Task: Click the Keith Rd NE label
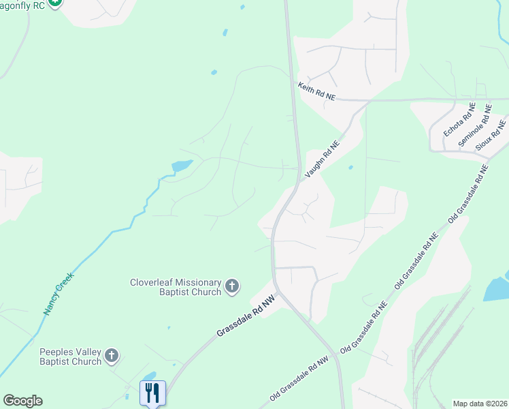click(x=317, y=92)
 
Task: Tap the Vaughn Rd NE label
click(x=321, y=160)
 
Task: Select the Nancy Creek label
click(x=58, y=294)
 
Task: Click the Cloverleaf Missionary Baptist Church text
click(x=176, y=287)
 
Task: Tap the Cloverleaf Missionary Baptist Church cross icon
click(x=232, y=286)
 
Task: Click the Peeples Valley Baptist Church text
click(x=70, y=357)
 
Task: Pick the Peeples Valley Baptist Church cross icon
click(x=112, y=355)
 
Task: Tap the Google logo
click(x=22, y=401)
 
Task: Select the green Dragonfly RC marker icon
click(x=55, y=2)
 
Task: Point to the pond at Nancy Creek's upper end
click(x=182, y=165)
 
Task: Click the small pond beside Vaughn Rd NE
click(x=350, y=167)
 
